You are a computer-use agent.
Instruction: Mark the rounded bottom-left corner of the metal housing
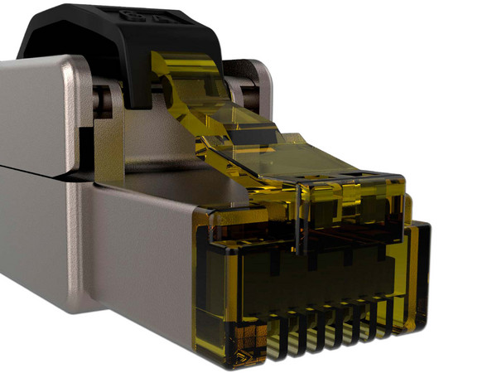pyautogui.click(x=79, y=319)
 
